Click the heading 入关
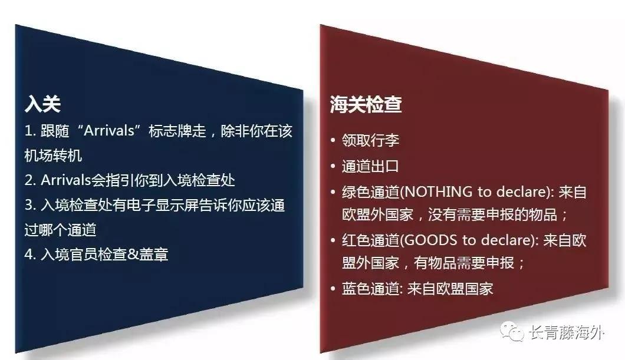[x=42, y=104]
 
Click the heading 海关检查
[x=366, y=104]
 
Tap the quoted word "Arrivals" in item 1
[x=109, y=131]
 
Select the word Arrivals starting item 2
[x=66, y=180]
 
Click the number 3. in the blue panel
[x=31, y=205]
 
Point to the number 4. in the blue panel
[x=31, y=254]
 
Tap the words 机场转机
[x=53, y=156]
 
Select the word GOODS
[x=432, y=240]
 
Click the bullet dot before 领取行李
[x=333, y=141]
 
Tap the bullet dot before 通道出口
[x=333, y=166]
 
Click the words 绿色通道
[x=370, y=192]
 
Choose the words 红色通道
[x=370, y=240]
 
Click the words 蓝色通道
[x=370, y=289]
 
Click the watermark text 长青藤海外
[x=566, y=332]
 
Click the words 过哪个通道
[x=60, y=230]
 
